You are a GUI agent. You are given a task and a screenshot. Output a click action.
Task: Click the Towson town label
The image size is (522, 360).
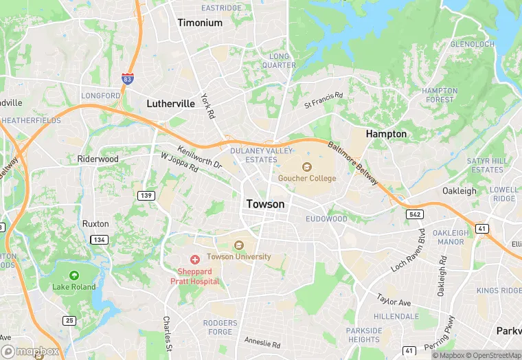[265, 204]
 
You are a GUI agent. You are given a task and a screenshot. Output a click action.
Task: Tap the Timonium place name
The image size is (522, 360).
[200, 23]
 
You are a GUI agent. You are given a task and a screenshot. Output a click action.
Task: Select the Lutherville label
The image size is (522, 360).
[171, 104]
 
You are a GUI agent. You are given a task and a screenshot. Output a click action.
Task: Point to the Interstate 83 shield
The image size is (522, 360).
[128, 60]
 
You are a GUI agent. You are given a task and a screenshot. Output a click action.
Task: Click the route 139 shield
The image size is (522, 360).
[146, 196]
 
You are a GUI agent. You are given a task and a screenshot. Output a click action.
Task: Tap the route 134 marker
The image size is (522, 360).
[100, 239]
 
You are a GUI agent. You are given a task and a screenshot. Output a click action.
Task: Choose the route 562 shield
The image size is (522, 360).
[415, 214]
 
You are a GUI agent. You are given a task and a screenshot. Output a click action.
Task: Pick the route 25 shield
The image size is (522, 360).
[69, 320]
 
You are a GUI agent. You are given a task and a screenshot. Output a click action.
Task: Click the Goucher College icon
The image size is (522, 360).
[306, 166]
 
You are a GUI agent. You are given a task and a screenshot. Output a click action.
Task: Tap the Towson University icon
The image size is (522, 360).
[239, 245]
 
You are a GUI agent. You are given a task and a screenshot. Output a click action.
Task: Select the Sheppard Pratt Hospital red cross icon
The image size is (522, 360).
[195, 259]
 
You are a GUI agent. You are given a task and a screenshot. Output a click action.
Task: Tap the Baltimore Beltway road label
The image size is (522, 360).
[353, 162]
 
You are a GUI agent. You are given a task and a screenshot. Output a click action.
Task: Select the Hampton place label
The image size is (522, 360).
[386, 133]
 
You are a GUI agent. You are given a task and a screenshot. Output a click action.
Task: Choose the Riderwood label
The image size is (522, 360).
[98, 159]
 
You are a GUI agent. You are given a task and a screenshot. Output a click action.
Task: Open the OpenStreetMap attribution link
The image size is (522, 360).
[490, 355]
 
